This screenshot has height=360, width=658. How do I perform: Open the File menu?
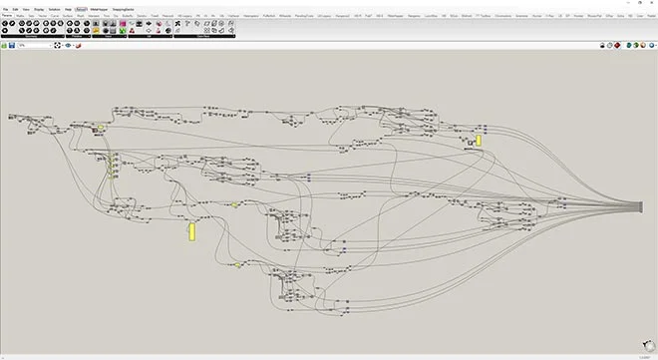[x=4, y=9]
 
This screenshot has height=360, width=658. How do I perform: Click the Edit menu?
[x=15, y=9]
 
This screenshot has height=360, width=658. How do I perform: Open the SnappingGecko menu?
[x=122, y=9]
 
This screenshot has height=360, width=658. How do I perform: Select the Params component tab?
[x=6, y=16]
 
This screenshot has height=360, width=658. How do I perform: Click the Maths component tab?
[x=19, y=16]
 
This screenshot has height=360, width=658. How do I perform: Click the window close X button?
[x=652, y=3]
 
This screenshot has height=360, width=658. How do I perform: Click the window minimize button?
[x=626, y=3]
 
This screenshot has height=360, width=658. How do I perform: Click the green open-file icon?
[x=4, y=45]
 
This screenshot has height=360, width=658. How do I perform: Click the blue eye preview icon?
[x=68, y=45]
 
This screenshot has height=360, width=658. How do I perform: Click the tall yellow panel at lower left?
[x=191, y=231]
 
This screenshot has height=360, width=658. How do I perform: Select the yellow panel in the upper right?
[x=479, y=141]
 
